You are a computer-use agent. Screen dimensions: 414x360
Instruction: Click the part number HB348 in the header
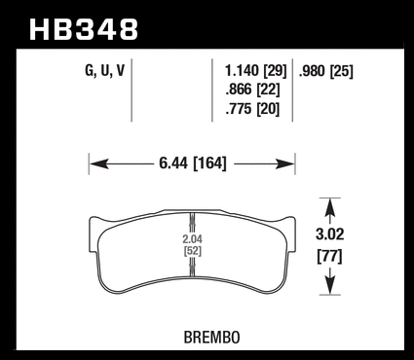(x=84, y=29)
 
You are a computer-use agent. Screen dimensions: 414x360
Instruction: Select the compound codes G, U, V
(x=104, y=70)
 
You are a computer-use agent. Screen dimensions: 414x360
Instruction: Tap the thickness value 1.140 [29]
(x=256, y=71)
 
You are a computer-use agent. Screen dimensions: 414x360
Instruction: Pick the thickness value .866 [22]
(x=252, y=90)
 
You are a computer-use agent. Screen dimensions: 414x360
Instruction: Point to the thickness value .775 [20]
(x=252, y=109)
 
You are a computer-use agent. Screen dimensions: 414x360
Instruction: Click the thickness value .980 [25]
(x=325, y=71)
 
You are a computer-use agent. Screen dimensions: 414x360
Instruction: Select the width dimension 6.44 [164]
(x=193, y=163)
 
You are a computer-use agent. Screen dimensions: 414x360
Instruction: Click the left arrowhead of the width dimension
(x=98, y=164)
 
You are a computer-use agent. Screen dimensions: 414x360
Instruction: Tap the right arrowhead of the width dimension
(x=285, y=164)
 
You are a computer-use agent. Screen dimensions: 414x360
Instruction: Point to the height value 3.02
(x=329, y=234)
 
